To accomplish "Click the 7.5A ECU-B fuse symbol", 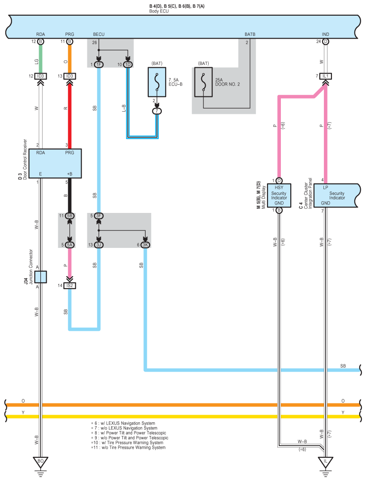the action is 157,82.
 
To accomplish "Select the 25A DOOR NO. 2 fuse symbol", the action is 203,82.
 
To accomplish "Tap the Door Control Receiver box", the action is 55,164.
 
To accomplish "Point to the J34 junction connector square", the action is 40,277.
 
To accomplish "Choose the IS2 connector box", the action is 69,286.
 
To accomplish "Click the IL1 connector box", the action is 326,76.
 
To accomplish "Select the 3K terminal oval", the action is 145,245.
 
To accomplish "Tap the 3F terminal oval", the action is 99,216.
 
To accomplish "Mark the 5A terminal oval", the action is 69,245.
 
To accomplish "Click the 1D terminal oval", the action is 128,65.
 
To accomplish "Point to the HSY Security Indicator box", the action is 279,195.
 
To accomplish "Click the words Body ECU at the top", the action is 159,11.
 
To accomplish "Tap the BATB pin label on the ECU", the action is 250,35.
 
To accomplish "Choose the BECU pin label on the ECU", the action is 99,35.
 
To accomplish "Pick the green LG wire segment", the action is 40,59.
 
